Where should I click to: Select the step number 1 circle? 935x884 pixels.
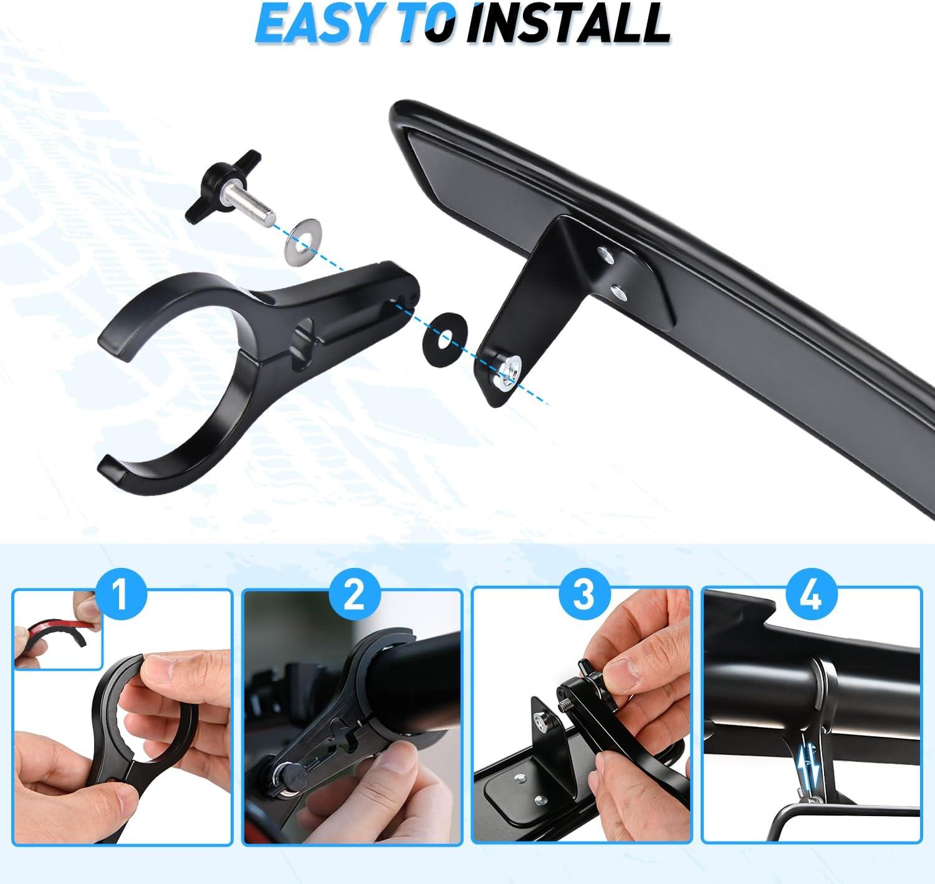pyautogui.click(x=121, y=596)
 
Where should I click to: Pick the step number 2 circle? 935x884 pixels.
pyautogui.click(x=353, y=596)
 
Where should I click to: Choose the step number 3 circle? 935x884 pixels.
pyautogui.click(x=583, y=596)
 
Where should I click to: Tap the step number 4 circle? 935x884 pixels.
pyautogui.click(x=812, y=596)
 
